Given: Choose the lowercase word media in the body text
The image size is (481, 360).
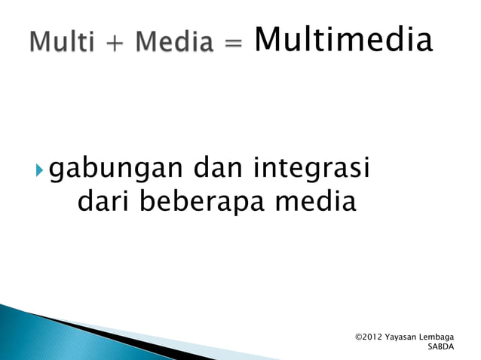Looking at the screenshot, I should (x=316, y=202).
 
